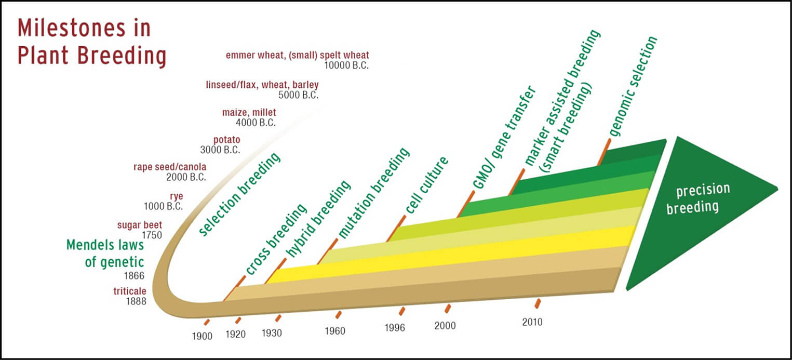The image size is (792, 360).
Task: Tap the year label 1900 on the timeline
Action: (x=202, y=336)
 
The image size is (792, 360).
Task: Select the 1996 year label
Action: (x=395, y=328)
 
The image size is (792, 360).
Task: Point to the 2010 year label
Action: (x=532, y=322)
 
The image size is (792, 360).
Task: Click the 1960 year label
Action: (x=335, y=330)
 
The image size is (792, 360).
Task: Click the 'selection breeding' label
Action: (x=240, y=194)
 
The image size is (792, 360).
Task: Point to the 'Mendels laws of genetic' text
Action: (x=105, y=253)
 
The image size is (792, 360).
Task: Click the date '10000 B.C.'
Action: (x=346, y=65)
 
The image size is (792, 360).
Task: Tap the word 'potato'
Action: (x=227, y=140)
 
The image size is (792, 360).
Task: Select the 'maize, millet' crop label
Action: (x=249, y=112)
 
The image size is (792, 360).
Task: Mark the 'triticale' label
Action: (x=130, y=291)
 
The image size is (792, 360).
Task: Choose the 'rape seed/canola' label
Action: (x=170, y=167)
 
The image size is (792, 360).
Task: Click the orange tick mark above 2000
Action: (x=448, y=309)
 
